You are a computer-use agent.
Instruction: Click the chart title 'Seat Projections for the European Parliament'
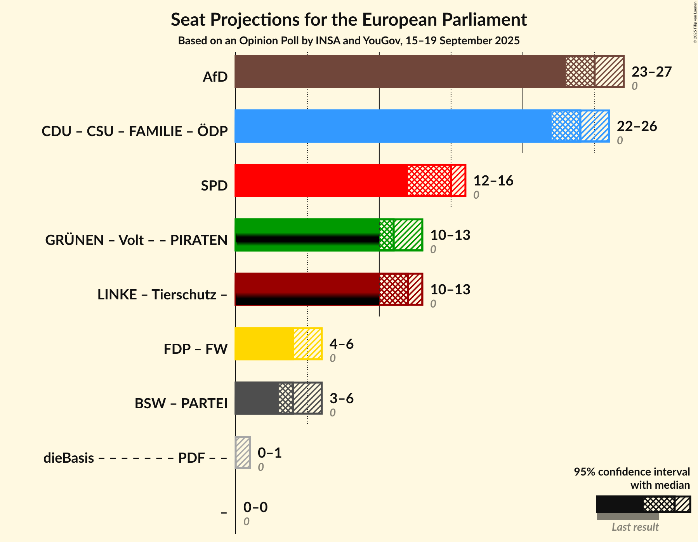tap(349, 19)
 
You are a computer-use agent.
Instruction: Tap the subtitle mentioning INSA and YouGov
tap(349, 41)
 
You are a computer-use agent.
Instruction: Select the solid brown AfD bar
tap(400, 72)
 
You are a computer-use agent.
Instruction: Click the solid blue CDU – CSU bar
tap(392, 126)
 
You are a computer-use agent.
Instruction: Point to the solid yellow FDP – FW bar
tap(264, 344)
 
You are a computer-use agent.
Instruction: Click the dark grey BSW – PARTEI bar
tap(257, 398)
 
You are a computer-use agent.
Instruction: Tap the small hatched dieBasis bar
tap(243, 453)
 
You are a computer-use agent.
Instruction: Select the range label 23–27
tap(651, 72)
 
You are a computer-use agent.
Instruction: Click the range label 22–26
tap(637, 126)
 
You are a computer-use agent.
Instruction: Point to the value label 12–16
tap(493, 181)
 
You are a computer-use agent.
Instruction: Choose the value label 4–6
tap(342, 344)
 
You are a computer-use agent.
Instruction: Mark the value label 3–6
tap(342, 399)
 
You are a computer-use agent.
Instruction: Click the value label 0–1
tap(270, 453)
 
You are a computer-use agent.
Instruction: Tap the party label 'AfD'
tap(215, 77)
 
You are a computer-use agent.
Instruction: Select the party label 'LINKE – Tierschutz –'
tap(162, 295)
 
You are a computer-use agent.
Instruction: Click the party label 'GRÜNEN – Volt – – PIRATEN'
tap(136, 240)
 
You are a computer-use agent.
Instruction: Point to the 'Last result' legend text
tap(635, 527)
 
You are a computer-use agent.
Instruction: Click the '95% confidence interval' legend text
tap(632, 472)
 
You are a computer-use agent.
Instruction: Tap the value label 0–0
tap(255, 507)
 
